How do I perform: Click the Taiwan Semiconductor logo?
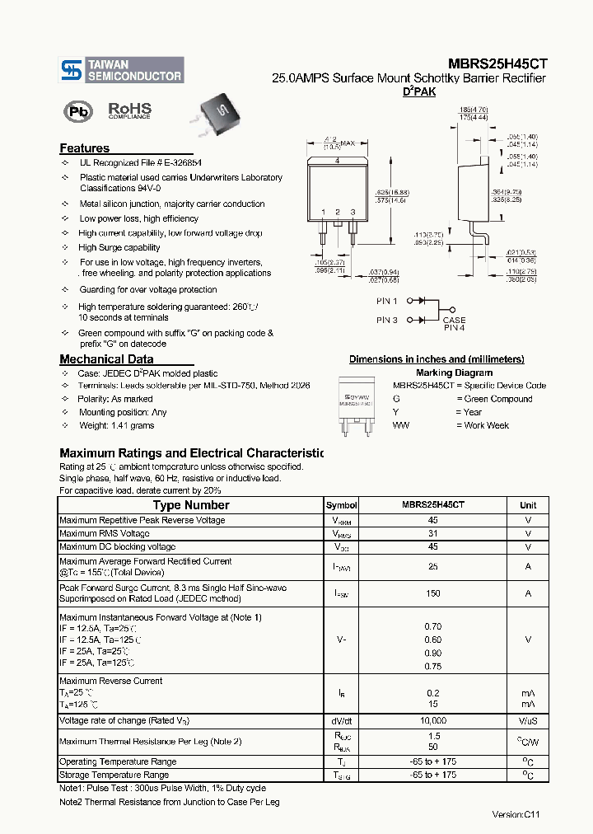tap(122, 70)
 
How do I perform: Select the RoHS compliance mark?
tap(129, 110)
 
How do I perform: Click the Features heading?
tap(84, 148)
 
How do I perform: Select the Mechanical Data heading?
tap(106, 359)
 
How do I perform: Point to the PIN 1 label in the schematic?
tap(387, 302)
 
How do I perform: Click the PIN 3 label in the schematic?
tap(387, 320)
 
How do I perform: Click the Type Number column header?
tap(191, 505)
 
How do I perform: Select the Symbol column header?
tap(341, 505)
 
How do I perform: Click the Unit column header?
tap(528, 505)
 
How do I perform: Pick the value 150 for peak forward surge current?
tap(432, 593)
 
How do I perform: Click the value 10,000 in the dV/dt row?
tap(432, 720)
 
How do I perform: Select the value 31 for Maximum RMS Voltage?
tap(432, 533)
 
